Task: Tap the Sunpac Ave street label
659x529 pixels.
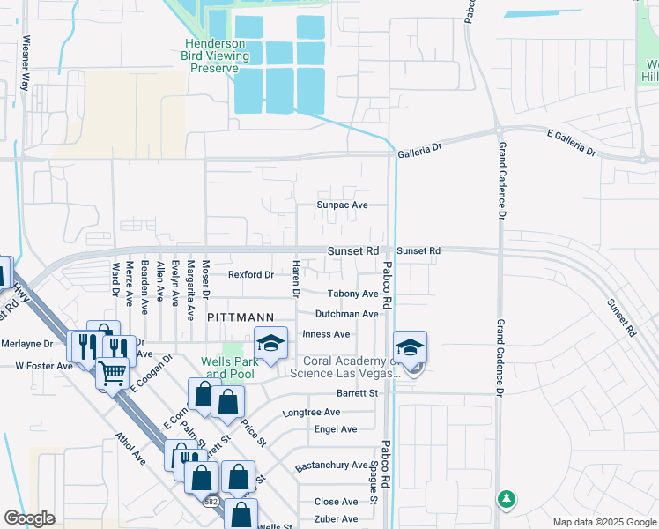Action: pos(342,205)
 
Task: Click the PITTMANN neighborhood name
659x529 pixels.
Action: pos(241,316)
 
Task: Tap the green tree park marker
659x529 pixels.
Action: pos(506,500)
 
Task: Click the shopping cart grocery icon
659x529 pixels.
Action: pos(112,375)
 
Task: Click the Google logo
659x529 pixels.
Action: pos(29,518)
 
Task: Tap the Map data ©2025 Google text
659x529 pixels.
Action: pos(603,521)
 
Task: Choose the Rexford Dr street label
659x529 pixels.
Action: pos(251,274)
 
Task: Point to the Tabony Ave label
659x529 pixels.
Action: pos(352,294)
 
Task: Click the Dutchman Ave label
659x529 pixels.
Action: pos(347,314)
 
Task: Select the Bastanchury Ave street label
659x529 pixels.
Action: pos(331,465)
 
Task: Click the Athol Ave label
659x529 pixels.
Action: pos(130,448)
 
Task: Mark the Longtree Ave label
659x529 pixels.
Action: pos(311,412)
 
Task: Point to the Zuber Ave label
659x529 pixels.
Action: pos(337,519)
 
